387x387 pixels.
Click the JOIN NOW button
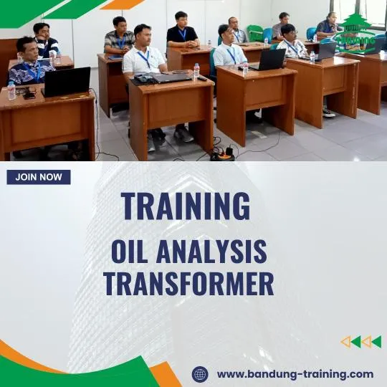[x=39, y=177]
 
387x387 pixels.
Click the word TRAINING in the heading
[x=186, y=206]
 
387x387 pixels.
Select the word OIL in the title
[x=130, y=252]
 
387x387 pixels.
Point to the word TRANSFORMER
[x=188, y=284]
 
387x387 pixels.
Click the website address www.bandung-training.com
[x=295, y=374]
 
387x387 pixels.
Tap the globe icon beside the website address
[x=200, y=374]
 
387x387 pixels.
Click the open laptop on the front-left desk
[x=66, y=82]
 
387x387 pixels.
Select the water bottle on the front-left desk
[x=11, y=90]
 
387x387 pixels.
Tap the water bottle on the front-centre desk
[x=196, y=71]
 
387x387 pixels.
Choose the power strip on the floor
[x=223, y=153]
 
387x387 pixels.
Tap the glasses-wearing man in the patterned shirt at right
[x=291, y=43]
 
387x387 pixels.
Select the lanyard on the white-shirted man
[x=145, y=57]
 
